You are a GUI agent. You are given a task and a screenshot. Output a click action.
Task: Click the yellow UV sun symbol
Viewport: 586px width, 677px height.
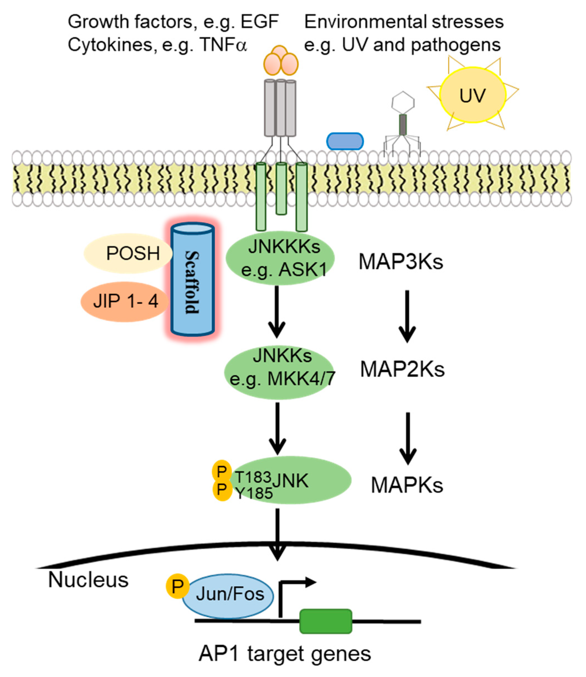[472, 95]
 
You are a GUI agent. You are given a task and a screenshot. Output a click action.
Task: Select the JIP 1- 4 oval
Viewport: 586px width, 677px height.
[125, 301]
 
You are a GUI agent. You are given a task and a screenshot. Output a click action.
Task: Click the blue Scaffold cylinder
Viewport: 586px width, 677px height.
[193, 280]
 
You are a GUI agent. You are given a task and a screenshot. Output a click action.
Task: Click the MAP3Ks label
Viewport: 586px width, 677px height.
[401, 262]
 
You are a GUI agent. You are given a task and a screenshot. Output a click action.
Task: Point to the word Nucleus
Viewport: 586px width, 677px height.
[88, 580]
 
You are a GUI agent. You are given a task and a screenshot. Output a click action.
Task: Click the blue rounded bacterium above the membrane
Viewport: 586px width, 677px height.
[345, 141]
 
